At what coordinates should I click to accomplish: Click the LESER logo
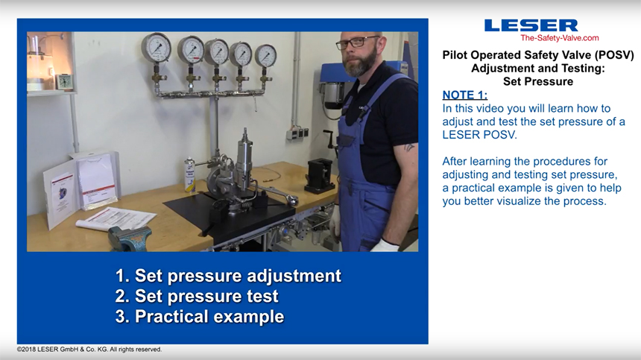(x=531, y=25)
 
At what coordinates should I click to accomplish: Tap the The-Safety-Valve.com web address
(x=559, y=38)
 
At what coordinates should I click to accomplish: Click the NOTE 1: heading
(x=465, y=95)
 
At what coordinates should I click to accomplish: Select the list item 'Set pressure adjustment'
(x=228, y=276)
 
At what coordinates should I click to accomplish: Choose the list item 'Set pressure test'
(x=197, y=296)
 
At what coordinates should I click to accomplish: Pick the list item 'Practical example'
(x=200, y=317)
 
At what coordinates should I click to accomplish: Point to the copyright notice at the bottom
(x=89, y=350)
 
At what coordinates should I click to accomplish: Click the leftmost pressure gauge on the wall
(x=157, y=48)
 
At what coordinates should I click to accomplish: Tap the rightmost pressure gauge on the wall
(x=266, y=56)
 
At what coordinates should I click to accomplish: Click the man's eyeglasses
(x=357, y=42)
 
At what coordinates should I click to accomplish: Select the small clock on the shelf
(x=64, y=81)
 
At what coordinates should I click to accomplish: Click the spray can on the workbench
(x=189, y=175)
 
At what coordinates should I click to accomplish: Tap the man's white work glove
(x=385, y=245)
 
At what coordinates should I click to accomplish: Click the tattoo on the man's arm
(x=408, y=147)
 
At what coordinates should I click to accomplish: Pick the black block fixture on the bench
(x=320, y=176)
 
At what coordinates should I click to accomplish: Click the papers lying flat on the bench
(x=116, y=219)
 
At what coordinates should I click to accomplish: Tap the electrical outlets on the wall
(x=297, y=133)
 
